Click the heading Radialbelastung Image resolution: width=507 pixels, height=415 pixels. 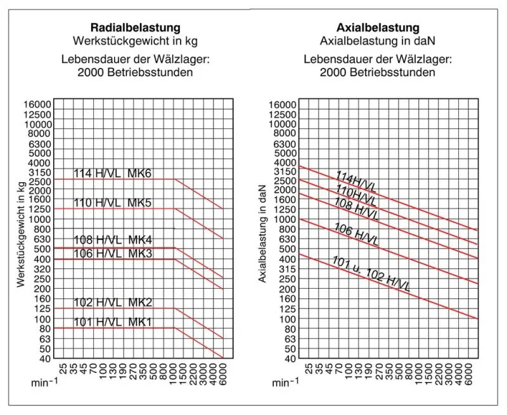pos(136,28)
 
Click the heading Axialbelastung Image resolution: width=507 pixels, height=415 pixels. pos(378,28)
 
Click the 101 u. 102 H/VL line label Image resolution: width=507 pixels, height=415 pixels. pos(371,273)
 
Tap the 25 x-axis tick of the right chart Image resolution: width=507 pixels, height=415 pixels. pos(308,369)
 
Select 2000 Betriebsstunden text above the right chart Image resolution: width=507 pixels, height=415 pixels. pos(378,72)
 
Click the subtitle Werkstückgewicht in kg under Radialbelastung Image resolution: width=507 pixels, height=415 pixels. pos(136,41)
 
